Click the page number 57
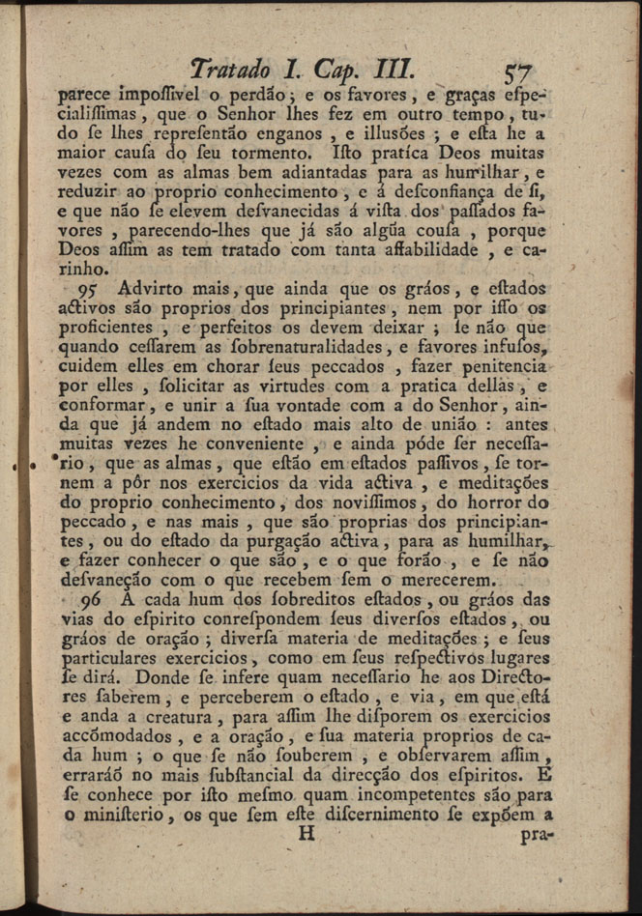click(x=519, y=72)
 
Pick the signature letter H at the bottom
click(x=307, y=834)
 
